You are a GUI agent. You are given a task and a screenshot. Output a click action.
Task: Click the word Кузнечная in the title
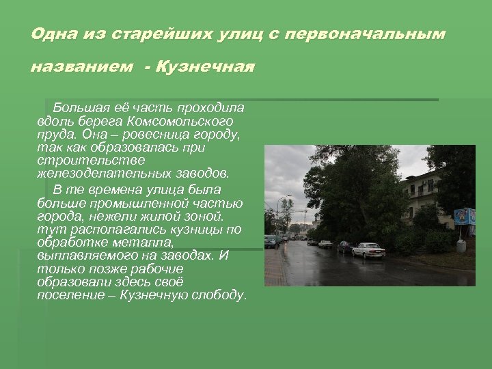[x=205, y=68]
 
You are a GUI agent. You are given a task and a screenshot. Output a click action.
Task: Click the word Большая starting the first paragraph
[x=78, y=108]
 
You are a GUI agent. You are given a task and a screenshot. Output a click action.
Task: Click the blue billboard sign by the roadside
[x=464, y=217]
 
